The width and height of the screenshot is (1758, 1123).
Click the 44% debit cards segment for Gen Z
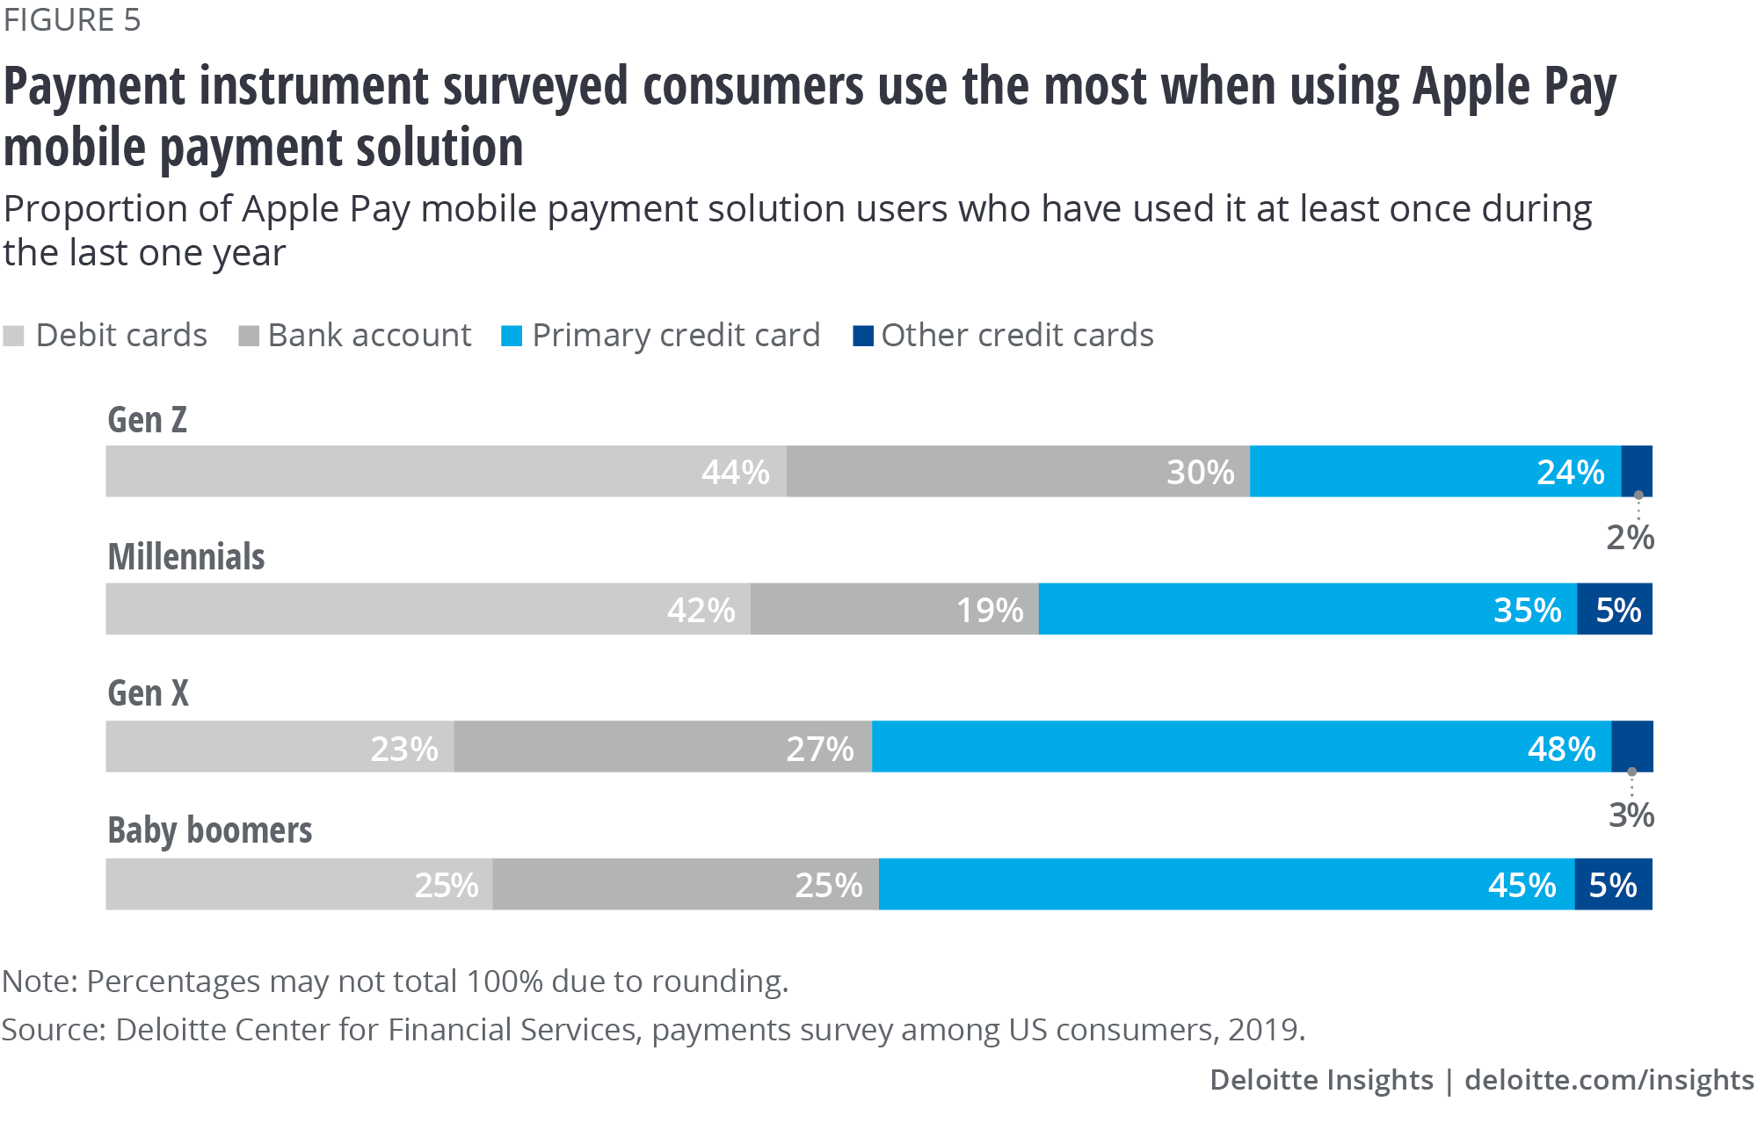point(446,472)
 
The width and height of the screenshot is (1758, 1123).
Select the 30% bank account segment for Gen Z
point(1018,472)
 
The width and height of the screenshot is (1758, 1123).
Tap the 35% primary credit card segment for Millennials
point(1307,609)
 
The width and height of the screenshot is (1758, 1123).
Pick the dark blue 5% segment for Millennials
point(1615,609)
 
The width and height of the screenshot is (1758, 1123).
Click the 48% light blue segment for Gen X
point(1241,747)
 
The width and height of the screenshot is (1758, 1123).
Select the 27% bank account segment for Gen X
point(663,747)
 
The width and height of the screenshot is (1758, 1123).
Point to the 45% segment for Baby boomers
point(1226,884)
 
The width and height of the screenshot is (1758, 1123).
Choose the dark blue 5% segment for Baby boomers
point(1613,884)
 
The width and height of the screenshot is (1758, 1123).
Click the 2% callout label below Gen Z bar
point(1630,538)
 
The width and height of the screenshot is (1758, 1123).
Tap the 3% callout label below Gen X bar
point(1631,815)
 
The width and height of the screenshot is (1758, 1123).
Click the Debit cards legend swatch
point(14,336)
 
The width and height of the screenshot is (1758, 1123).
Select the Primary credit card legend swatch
point(512,336)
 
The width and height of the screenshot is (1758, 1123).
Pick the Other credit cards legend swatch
point(863,336)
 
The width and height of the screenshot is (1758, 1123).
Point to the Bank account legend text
point(369,336)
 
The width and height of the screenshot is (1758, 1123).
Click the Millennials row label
point(186,557)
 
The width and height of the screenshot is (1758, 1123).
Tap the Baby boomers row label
point(210,830)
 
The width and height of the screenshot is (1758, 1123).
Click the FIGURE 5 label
point(72,20)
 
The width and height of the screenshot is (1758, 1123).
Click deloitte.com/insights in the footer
point(1609,1080)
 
